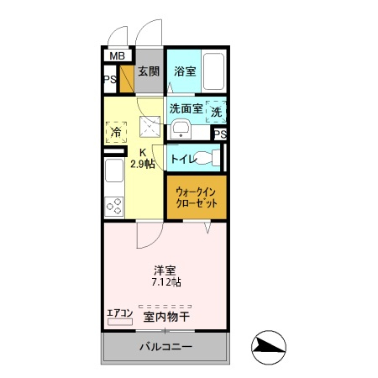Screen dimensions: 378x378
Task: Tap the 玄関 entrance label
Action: pos(149,71)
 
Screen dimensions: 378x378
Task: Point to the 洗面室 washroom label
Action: pos(186,108)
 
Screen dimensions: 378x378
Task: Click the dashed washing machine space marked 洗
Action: pos(216,111)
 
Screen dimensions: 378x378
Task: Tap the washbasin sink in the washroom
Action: pos(179,129)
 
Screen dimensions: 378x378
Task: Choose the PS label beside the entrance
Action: pos(109,81)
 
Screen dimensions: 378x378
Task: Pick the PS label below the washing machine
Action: pos(219,134)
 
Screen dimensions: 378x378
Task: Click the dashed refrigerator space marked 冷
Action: pos(115,132)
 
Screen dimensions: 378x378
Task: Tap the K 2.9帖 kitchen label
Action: pos(143,158)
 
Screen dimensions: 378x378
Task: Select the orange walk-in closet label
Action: pos(196,197)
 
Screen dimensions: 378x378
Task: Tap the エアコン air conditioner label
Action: pos(120,315)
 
